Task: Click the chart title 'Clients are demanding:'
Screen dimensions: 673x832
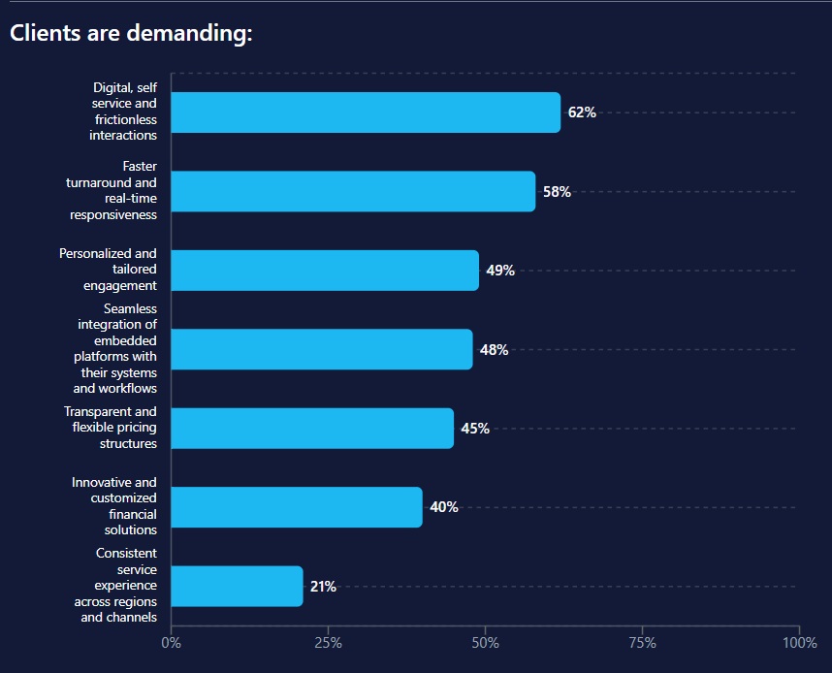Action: tap(131, 34)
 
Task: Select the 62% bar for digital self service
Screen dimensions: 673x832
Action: tap(366, 112)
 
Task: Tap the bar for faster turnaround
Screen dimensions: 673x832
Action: tap(353, 191)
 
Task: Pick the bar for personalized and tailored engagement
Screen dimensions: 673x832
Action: tap(325, 271)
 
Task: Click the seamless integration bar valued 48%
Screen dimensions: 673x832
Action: tap(322, 349)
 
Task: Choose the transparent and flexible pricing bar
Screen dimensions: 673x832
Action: tap(312, 428)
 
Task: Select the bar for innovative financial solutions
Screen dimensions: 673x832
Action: tap(297, 507)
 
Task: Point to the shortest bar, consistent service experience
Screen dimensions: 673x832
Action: tap(237, 586)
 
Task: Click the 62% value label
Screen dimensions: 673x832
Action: tap(582, 112)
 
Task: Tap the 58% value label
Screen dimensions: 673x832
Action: tap(557, 192)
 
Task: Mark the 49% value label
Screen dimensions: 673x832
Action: tap(500, 271)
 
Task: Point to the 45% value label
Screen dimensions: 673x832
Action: tap(475, 429)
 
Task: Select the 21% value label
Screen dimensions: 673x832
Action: tap(323, 587)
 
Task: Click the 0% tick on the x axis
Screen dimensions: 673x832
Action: tap(171, 642)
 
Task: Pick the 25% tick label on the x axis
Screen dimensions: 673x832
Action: tap(328, 642)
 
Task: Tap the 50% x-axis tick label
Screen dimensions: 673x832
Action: tap(485, 642)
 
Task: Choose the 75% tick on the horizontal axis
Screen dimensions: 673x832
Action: tap(642, 642)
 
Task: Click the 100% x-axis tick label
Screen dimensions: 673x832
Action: tap(799, 642)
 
